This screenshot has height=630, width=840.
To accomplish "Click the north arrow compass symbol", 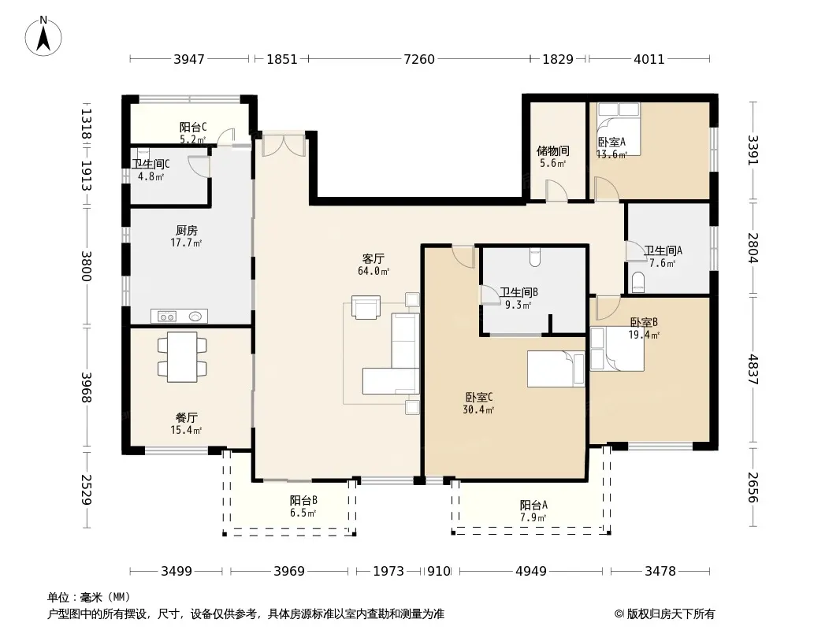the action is coord(43,35).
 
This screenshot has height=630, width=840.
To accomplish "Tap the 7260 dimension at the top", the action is coord(419,59).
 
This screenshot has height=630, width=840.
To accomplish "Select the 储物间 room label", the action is coord(553,151).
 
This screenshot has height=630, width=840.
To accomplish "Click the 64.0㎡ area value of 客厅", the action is coord(374,272).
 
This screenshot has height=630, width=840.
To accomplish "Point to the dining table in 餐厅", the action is coord(182,357).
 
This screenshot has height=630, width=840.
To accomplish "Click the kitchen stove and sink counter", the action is coord(179,317).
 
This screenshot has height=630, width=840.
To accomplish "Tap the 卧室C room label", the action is coord(478,398).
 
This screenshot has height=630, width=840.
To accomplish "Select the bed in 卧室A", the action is coord(619,129).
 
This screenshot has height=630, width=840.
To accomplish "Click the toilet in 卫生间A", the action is coord(637,283).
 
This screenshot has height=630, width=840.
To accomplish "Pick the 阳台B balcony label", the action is coord(303,501).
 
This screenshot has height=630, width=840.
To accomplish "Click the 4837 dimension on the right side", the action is coord(754,369).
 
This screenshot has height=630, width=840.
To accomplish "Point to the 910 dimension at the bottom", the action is coord(439,571).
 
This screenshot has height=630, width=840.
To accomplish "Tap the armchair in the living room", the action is coord(366,307).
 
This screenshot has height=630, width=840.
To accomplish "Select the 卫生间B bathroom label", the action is coord(518,292).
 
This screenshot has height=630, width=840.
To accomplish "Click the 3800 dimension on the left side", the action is coord(86,266).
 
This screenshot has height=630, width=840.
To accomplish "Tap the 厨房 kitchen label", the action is coord(187,231).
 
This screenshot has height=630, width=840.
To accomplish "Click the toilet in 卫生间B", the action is coord(534,258).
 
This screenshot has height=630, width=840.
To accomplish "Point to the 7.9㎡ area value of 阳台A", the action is coord(533,517).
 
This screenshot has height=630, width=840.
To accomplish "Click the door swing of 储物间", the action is coord(557,191).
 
